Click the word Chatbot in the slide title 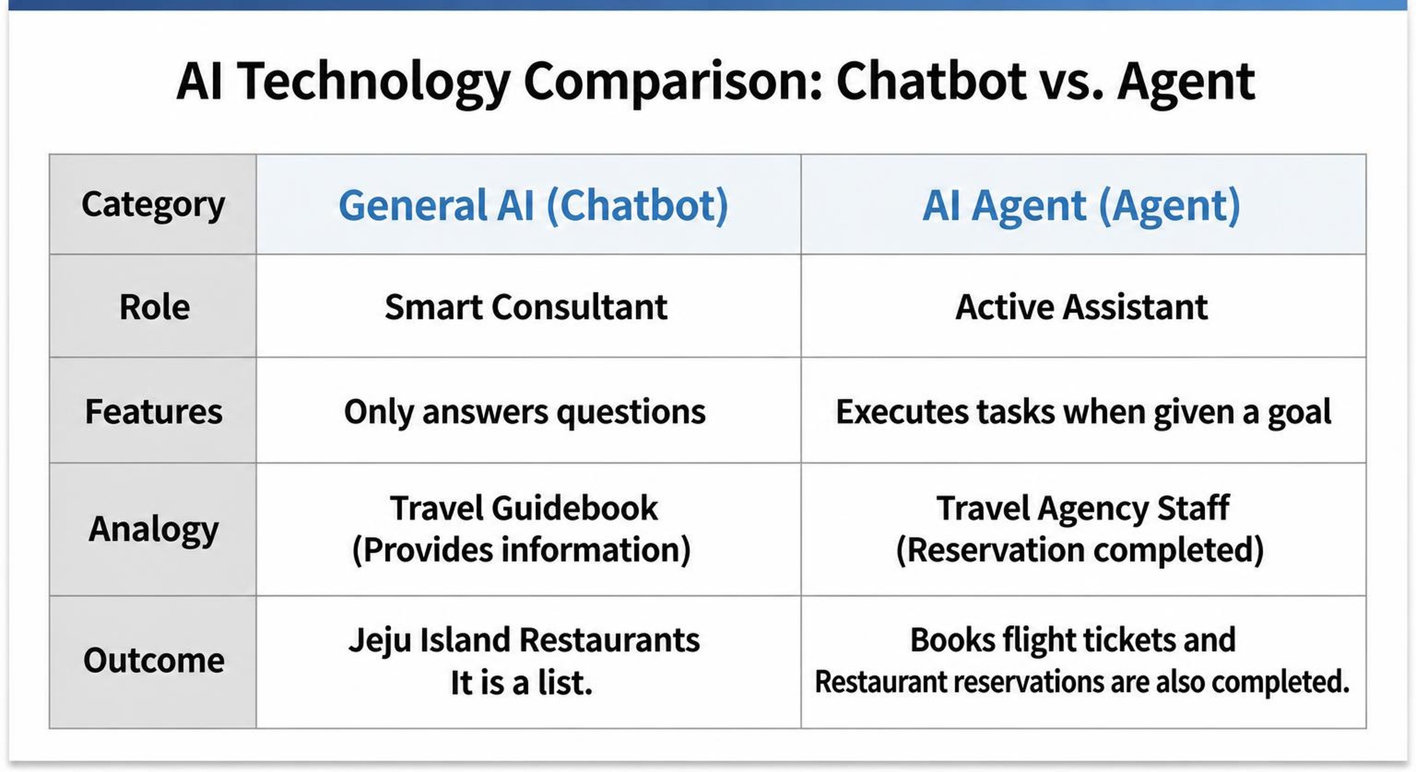coord(931,81)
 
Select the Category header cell coord(153,205)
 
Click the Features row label coord(153,411)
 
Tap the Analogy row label coord(153,529)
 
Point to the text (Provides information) coord(521,550)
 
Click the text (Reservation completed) coord(1080,550)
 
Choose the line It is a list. coord(521,683)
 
